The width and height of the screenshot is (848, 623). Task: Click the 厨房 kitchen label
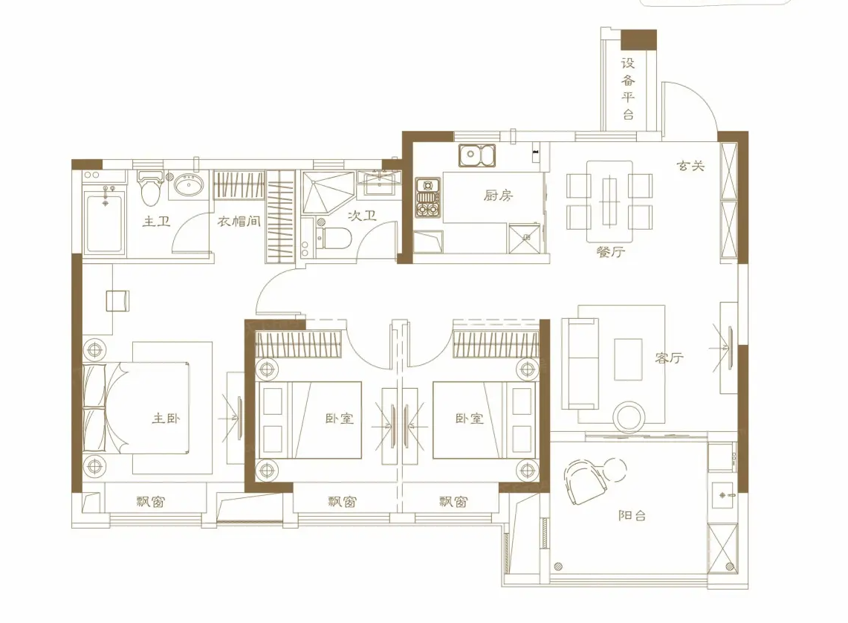coord(499,196)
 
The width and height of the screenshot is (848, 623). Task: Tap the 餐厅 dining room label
coord(609,252)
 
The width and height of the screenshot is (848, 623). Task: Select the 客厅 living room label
coord(669,358)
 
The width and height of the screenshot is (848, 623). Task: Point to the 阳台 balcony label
coord(632,514)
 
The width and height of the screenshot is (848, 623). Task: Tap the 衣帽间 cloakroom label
coord(239,221)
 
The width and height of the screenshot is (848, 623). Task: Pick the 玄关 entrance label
coord(690,167)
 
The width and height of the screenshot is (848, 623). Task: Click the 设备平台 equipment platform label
coord(629,88)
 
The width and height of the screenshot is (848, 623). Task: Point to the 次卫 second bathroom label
coord(362,216)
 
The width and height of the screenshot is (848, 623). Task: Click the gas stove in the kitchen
coord(427,198)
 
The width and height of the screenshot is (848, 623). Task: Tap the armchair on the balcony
coord(586,480)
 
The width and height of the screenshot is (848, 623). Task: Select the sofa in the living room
coord(580,364)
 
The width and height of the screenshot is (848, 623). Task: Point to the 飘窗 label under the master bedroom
coord(150,502)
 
